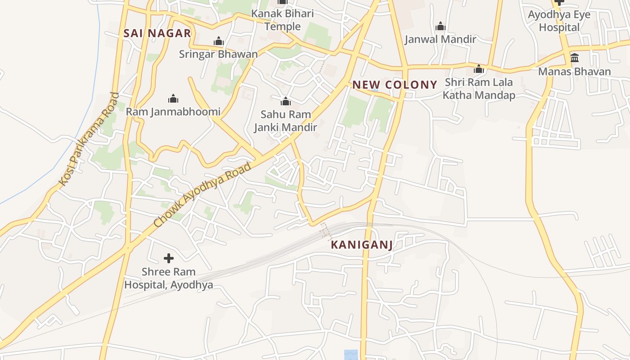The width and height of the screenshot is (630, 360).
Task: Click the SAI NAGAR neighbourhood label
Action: [x=157, y=33]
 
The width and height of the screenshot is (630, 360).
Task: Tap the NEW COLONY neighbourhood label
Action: [x=395, y=85]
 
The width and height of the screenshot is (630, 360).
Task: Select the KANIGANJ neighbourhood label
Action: [x=362, y=245]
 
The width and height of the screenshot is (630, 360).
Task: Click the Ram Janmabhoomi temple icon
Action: [x=173, y=99]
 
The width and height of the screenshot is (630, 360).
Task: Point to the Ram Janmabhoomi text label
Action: [x=173, y=112]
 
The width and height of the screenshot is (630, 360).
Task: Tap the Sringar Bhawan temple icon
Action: [x=219, y=41]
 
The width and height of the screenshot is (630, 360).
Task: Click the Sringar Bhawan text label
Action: [x=219, y=54]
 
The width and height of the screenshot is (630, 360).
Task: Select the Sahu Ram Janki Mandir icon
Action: [x=285, y=101]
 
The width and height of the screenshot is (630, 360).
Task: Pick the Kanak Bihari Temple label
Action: [x=283, y=20]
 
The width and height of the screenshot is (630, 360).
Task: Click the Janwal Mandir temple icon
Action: [x=441, y=26]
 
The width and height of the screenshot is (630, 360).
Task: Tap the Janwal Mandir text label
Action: [x=441, y=39]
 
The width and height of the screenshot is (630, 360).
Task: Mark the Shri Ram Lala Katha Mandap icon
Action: [x=479, y=69]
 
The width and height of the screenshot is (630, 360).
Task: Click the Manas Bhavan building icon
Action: [x=575, y=58]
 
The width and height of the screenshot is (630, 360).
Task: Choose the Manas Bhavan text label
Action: [x=575, y=72]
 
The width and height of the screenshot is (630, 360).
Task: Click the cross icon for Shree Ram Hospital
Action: [x=169, y=258]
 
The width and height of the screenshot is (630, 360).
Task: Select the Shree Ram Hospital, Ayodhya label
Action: [x=169, y=278]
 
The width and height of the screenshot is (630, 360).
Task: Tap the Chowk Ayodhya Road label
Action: [x=202, y=195]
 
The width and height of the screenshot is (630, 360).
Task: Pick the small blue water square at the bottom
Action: [x=351, y=355]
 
